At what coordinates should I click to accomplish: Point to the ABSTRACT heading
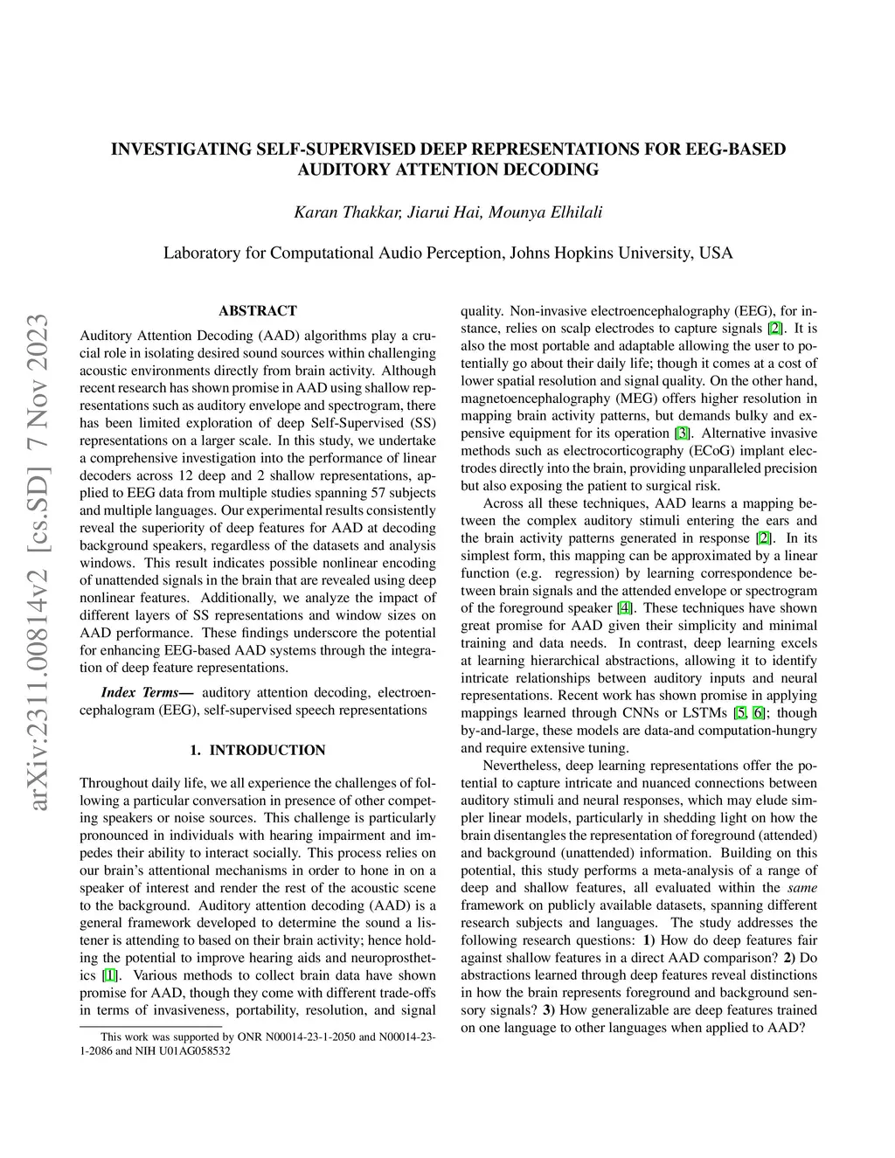257,310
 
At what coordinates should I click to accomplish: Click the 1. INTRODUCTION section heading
257,750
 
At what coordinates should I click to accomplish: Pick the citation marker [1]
109,975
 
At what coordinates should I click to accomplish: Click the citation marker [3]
682,433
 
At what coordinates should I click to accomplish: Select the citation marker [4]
623,608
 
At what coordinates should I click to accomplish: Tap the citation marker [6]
759,713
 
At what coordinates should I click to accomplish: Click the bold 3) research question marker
548,1010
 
